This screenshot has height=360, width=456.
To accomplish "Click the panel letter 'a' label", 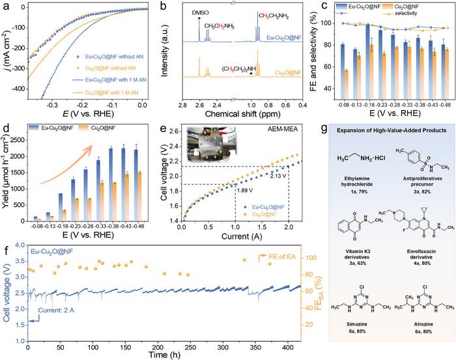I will click(x=5, y=5).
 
